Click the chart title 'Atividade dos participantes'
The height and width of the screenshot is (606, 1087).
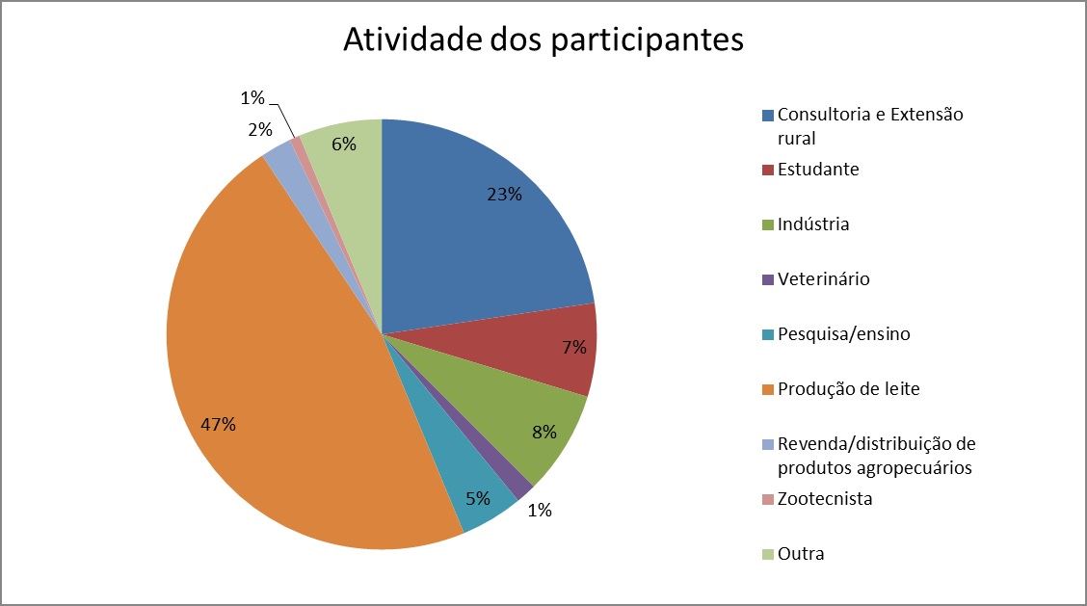[543, 40]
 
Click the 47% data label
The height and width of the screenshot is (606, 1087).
[218, 424]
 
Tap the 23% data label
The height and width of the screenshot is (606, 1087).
[504, 195]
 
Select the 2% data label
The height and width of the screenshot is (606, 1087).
[259, 130]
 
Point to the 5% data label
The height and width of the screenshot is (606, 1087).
[477, 499]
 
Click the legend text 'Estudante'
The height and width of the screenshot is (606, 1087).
[818, 170]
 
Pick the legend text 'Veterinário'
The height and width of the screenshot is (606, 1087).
[823, 279]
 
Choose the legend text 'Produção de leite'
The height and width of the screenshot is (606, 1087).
[848, 389]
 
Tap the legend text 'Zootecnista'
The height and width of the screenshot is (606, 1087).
[825, 499]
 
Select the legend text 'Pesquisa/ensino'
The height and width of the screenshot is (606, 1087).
[843, 334]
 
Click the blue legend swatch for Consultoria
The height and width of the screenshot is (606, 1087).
[768, 116]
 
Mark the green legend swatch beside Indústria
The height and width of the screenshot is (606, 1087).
[768, 225]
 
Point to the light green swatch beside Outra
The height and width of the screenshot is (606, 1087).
[768, 555]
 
